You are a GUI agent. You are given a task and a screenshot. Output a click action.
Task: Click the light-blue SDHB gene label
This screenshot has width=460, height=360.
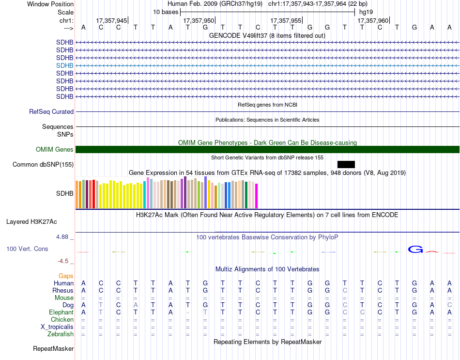(x=65, y=65)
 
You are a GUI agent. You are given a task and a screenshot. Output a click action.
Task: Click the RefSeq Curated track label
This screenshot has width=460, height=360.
(x=51, y=111)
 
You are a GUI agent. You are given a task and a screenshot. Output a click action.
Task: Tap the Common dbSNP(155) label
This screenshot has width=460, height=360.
(x=43, y=165)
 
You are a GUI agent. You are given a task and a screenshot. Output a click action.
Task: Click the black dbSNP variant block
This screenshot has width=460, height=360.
(x=346, y=165)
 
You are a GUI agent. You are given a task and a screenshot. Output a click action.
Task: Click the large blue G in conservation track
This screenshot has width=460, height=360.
(x=415, y=250)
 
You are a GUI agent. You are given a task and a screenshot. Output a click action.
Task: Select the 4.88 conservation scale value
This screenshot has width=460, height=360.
(x=63, y=237)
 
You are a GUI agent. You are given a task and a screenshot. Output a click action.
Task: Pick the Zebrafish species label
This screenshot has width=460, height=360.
(x=61, y=334)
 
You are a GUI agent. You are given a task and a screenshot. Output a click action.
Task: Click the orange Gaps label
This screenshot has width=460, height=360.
(x=66, y=276)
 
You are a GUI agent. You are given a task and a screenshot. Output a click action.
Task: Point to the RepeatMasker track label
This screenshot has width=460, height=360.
(x=53, y=348)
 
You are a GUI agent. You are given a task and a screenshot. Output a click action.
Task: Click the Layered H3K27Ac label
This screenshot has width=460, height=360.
(x=31, y=222)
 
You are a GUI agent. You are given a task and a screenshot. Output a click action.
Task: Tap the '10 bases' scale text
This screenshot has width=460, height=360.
(x=166, y=12)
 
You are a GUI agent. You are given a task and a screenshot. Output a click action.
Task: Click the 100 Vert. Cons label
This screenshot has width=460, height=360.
(x=28, y=249)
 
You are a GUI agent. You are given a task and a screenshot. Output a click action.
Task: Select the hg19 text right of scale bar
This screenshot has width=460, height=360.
(x=366, y=12)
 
